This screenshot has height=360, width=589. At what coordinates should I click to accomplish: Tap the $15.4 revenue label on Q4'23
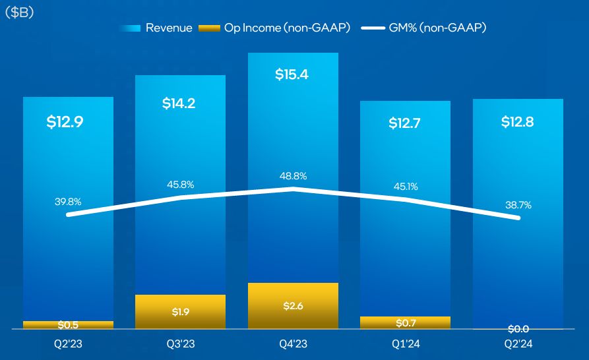[292, 74]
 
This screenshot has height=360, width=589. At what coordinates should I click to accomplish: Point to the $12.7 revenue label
[404, 123]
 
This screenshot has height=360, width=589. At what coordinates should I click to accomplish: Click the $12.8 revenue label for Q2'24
[517, 122]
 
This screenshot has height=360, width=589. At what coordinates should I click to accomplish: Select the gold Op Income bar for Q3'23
[180, 311]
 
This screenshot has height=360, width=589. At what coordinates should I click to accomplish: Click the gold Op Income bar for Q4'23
[293, 305]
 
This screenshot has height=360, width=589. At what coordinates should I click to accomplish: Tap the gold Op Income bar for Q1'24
[405, 322]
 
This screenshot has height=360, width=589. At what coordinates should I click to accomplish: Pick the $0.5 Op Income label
[68, 325]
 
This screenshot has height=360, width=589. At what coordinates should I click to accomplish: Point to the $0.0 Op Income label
[517, 328]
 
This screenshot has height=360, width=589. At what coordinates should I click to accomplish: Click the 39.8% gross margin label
[68, 202]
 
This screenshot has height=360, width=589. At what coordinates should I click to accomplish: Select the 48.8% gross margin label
[293, 176]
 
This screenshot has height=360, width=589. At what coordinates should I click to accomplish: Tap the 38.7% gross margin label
[517, 205]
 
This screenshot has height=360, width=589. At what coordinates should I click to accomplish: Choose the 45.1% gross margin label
[405, 186]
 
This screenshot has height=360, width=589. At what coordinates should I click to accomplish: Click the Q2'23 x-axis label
[68, 344]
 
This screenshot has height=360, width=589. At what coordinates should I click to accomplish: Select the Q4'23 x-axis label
[293, 344]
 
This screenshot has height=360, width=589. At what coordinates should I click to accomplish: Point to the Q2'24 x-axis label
[517, 344]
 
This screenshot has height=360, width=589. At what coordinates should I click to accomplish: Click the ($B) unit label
[20, 13]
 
